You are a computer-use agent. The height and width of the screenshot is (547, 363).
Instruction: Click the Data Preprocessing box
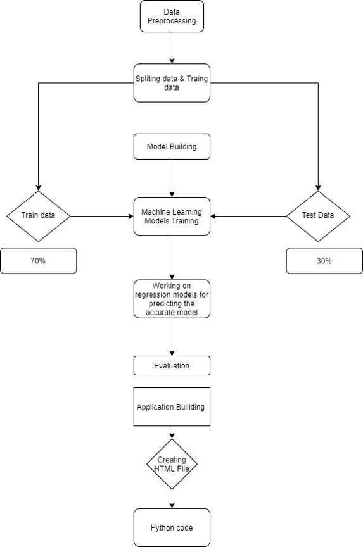(x=172, y=16)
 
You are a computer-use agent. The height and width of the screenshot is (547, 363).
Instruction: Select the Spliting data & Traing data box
(x=172, y=83)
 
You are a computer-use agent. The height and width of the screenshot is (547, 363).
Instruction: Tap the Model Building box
(x=172, y=146)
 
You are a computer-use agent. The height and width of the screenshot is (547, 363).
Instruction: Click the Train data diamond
(x=38, y=215)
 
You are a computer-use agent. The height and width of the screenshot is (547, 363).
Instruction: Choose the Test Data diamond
(x=318, y=215)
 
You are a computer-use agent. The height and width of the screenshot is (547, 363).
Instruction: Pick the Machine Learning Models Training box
(x=172, y=216)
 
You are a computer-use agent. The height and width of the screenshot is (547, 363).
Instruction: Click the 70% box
(x=38, y=261)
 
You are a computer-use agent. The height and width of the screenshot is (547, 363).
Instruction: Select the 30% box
(x=324, y=261)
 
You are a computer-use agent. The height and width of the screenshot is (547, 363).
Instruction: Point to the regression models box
(x=172, y=298)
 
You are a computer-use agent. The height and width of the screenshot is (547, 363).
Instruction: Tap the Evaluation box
(x=172, y=365)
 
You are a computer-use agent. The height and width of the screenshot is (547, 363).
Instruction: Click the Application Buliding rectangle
(x=172, y=406)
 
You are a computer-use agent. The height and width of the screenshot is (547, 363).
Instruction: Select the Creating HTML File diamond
(x=172, y=464)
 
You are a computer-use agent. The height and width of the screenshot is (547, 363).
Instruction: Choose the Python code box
(x=172, y=527)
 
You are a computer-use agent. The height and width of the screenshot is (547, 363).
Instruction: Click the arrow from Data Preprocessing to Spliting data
(x=172, y=48)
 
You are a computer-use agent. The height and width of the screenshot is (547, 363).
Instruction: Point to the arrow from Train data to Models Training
(x=101, y=216)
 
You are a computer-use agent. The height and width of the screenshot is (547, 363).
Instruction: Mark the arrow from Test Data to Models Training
(x=248, y=216)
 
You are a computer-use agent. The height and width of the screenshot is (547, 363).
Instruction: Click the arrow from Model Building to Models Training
(x=172, y=178)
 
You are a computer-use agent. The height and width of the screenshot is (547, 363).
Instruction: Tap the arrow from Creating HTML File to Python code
(x=172, y=498)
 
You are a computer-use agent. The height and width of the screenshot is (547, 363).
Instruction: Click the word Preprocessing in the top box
(x=172, y=21)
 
